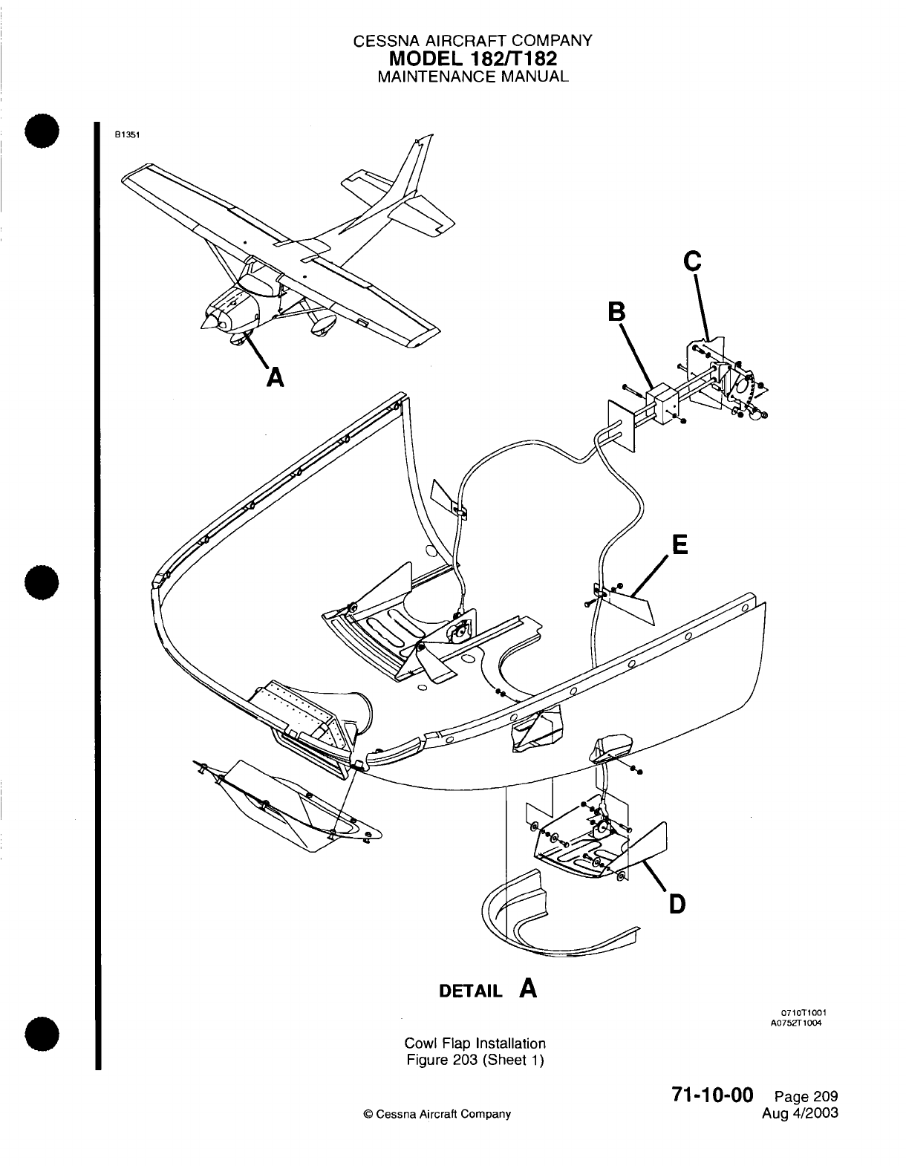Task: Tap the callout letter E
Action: click(x=679, y=546)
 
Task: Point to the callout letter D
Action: click(x=677, y=904)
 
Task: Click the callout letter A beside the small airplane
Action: click(x=275, y=378)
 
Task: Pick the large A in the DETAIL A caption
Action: click(x=528, y=989)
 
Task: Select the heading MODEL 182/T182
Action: click(x=473, y=58)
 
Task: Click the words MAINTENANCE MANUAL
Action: click(x=473, y=76)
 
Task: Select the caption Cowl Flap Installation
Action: click(x=475, y=1043)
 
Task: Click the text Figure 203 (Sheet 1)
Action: click(x=475, y=1060)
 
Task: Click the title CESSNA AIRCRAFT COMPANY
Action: click(x=473, y=42)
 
